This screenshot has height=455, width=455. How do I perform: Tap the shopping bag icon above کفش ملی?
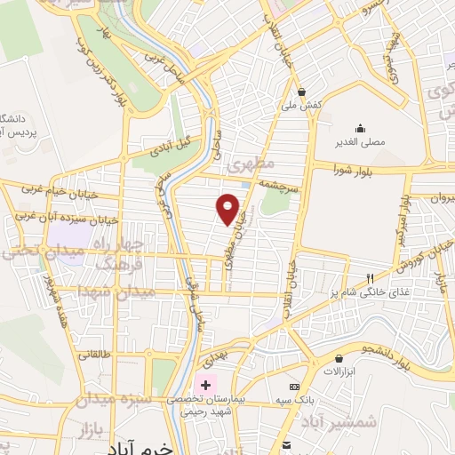pyautogui.click(x=302, y=91)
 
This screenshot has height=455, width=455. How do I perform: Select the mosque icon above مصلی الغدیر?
pyautogui.click(x=360, y=127)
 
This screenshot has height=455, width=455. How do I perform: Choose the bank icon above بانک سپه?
pyautogui.click(x=294, y=387)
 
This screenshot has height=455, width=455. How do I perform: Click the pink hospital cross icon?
pyautogui.click(x=206, y=386)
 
